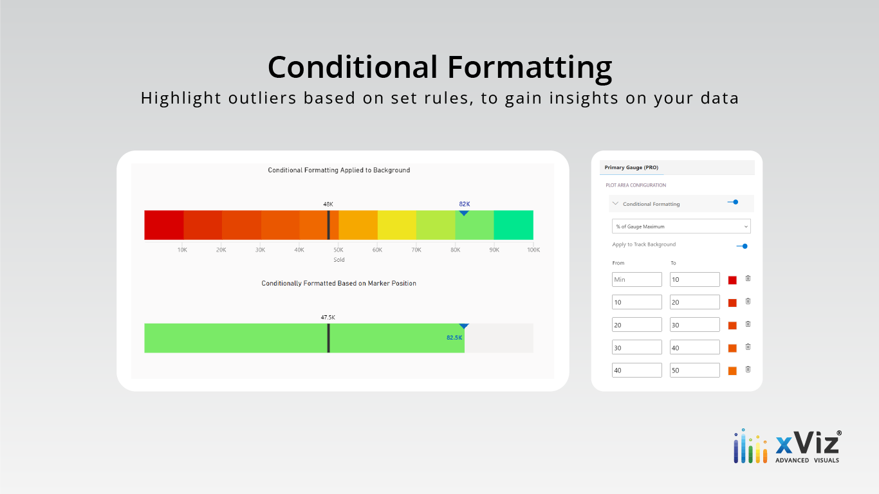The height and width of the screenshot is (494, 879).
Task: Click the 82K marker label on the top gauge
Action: pyautogui.click(x=464, y=204)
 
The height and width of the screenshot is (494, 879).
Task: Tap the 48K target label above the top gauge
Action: pyautogui.click(x=328, y=204)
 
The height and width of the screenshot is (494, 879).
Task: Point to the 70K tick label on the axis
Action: pyautogui.click(x=416, y=250)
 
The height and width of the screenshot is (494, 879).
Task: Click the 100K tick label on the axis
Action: pyautogui.click(x=533, y=250)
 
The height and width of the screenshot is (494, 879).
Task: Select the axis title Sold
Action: pyautogui.click(x=339, y=260)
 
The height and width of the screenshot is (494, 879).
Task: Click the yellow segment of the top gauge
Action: pyautogui.click(x=397, y=225)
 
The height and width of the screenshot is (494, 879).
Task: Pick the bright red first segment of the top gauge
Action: pyautogui.click(x=164, y=225)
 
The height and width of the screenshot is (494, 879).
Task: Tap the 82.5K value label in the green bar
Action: pyautogui.click(x=454, y=338)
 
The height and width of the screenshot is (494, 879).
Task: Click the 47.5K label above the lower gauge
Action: pyautogui.click(x=328, y=317)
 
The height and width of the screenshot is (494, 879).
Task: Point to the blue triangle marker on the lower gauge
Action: pyautogui.click(x=464, y=325)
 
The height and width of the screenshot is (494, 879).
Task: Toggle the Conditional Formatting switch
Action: pyautogui.click(x=733, y=202)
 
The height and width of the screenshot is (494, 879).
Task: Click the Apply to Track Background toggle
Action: pyautogui.click(x=742, y=246)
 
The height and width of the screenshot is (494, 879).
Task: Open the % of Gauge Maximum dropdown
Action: pyautogui.click(x=681, y=226)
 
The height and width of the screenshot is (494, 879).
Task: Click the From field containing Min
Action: pyautogui.click(x=637, y=279)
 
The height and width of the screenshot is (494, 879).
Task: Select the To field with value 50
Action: pyautogui.click(x=694, y=370)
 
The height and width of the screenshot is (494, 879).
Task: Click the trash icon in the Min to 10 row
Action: pyautogui.click(x=748, y=279)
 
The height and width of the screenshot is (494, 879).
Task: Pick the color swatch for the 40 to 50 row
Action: pyautogui.click(x=732, y=370)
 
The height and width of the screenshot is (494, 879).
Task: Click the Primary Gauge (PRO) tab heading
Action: pyautogui.click(x=631, y=167)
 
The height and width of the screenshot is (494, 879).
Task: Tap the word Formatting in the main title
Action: pyautogui.click(x=530, y=68)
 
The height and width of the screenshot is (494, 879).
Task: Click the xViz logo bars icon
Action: pyautogui.click(x=750, y=446)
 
